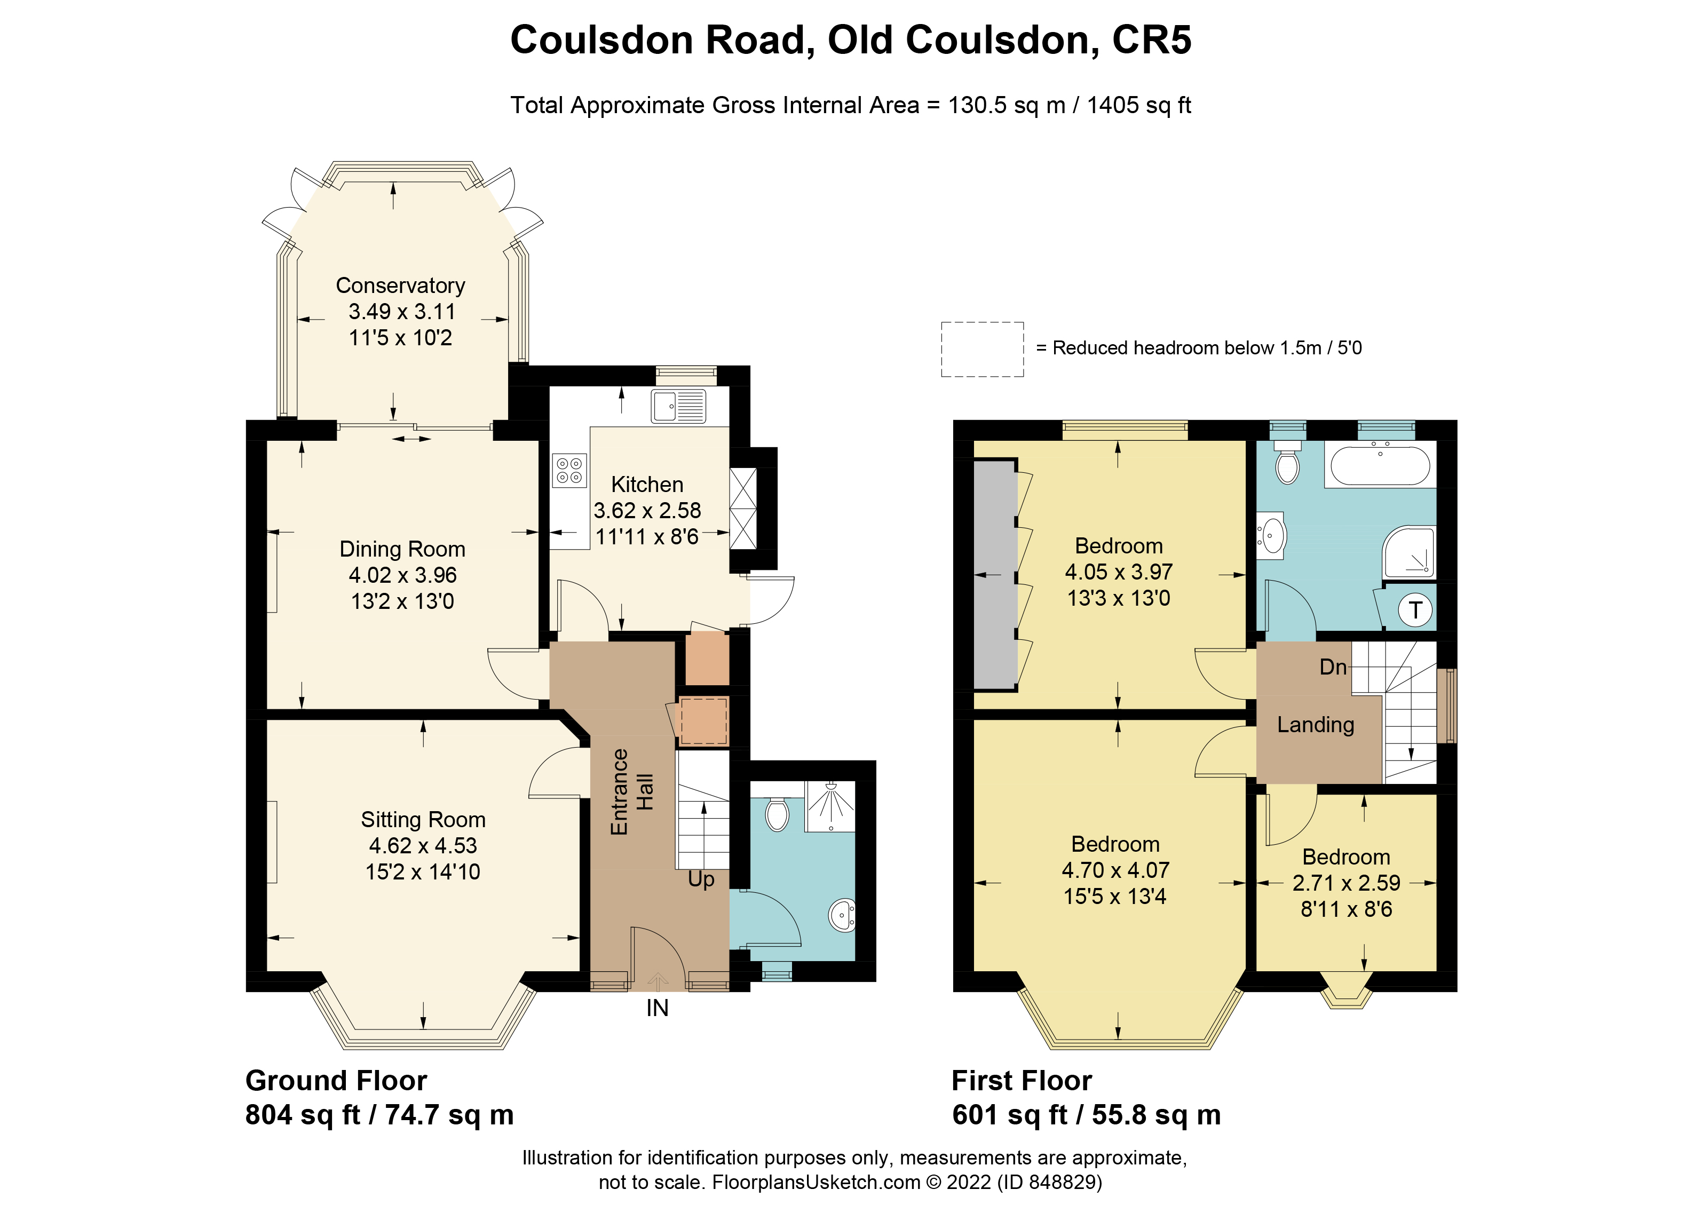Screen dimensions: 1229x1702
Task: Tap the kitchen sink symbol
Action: (x=678, y=407)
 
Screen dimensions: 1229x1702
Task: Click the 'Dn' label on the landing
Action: (x=1333, y=667)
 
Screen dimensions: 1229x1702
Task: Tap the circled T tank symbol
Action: (x=1415, y=610)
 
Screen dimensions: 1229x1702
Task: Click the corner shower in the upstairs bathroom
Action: (x=1410, y=553)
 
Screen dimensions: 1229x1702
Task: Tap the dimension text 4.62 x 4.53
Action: (x=423, y=846)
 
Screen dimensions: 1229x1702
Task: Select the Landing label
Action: (x=1316, y=725)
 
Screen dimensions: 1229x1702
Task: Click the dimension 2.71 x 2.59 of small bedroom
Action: (x=1345, y=883)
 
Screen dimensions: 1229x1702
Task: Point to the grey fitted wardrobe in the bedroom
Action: (x=995, y=575)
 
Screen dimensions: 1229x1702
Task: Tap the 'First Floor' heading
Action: (x=1022, y=1081)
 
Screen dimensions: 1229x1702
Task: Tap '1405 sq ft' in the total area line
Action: (x=1138, y=105)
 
